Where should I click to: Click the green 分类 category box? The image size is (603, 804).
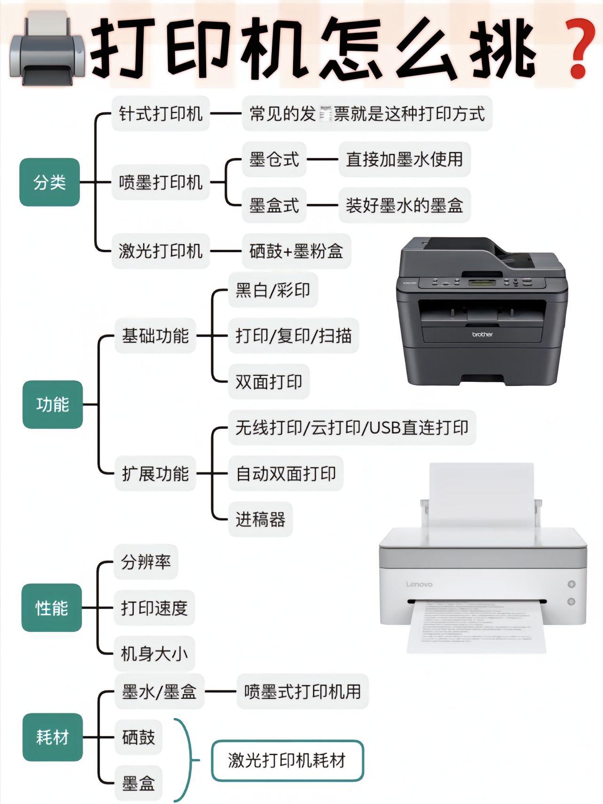[49, 182]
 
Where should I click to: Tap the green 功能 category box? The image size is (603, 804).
[53, 404]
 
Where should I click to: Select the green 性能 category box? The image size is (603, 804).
[52, 608]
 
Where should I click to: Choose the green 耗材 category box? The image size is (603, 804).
[53, 737]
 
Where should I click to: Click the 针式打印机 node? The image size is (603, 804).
[161, 114]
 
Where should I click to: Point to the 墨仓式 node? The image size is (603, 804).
[274, 160]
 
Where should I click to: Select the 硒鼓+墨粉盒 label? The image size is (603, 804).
[296, 251]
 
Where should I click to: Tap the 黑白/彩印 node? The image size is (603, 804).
[273, 290]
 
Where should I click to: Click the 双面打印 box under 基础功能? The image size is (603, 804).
[269, 382]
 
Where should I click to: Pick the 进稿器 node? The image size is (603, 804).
[260, 519]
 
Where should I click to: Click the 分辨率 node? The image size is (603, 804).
[146, 562]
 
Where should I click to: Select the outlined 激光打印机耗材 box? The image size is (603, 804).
[287, 760]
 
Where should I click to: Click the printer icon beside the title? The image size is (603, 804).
[46, 49]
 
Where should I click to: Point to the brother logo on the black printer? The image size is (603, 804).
[482, 334]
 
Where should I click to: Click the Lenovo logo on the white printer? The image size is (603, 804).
[419, 584]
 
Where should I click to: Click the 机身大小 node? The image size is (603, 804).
[154, 654]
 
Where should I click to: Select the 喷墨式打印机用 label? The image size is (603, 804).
[302, 691]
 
